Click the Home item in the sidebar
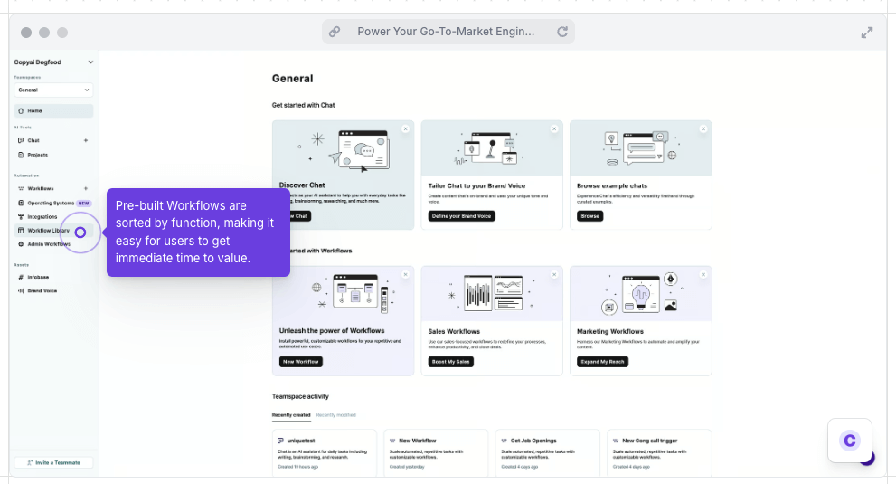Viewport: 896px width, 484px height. (x=34, y=110)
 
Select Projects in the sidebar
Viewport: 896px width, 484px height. (x=37, y=155)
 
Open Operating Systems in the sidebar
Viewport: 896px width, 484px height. (x=51, y=203)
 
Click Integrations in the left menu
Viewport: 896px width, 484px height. (x=42, y=217)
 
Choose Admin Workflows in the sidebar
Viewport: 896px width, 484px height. (x=48, y=244)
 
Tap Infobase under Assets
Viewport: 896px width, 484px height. (x=38, y=277)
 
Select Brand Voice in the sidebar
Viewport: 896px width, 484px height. (x=42, y=290)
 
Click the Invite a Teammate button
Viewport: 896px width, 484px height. (x=53, y=462)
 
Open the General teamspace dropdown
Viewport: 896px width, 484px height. (x=53, y=90)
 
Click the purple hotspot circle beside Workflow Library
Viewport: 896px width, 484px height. (x=80, y=233)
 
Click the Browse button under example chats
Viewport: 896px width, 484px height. (x=589, y=216)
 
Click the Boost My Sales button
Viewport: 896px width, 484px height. (x=449, y=362)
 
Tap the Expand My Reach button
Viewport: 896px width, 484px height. (x=602, y=362)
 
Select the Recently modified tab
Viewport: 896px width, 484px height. (x=335, y=414)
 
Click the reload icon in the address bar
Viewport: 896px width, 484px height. (x=562, y=32)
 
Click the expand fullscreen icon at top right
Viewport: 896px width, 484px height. (x=866, y=33)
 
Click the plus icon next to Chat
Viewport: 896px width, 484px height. (x=86, y=140)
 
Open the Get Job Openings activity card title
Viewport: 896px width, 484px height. (x=533, y=441)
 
